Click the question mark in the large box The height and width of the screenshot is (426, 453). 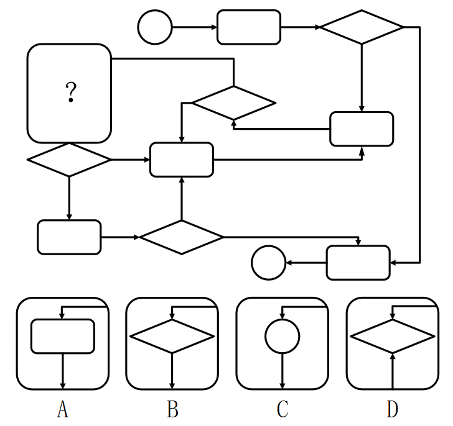(71, 93)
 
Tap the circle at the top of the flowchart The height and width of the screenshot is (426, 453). (155, 27)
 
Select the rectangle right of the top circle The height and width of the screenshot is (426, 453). (248, 27)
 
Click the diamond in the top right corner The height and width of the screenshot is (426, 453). (362, 27)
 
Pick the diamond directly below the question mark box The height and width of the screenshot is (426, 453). (69, 160)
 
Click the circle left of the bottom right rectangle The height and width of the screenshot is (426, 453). (268, 263)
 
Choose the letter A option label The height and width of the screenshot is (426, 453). (62, 410)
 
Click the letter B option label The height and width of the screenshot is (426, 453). (172, 410)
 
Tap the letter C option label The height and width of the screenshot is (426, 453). (283, 410)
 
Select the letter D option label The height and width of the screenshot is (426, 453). (392, 410)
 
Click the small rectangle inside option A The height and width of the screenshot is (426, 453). (62, 336)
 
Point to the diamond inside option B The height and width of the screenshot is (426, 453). (172, 337)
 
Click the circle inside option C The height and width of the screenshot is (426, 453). (283, 337)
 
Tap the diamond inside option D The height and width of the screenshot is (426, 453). (392, 337)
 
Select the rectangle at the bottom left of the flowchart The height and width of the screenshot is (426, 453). (69, 237)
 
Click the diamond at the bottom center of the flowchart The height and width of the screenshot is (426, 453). (181, 237)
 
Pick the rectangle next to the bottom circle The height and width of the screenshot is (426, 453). (358, 263)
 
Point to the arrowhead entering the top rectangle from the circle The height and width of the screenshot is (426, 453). (214, 27)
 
